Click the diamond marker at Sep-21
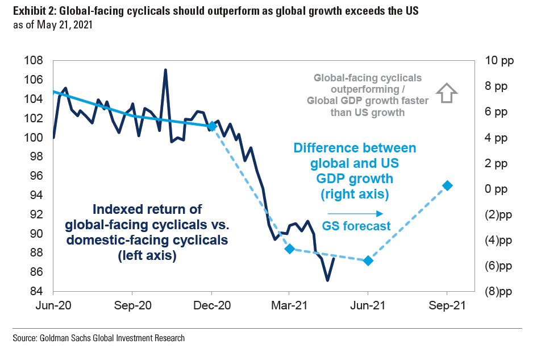click(447, 185)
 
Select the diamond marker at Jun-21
click(368, 260)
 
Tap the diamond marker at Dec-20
click(212, 126)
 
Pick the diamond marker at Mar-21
click(289, 249)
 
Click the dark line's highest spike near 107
click(165, 70)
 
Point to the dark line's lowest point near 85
click(327, 280)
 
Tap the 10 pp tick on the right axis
click(498, 61)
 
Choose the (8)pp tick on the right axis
click(498, 292)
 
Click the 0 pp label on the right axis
click(498, 189)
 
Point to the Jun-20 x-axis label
click(53, 305)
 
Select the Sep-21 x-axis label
click(447, 305)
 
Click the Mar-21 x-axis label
click(289, 305)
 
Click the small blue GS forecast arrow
click(347, 214)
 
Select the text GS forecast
click(356, 226)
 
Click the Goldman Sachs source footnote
click(98, 338)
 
